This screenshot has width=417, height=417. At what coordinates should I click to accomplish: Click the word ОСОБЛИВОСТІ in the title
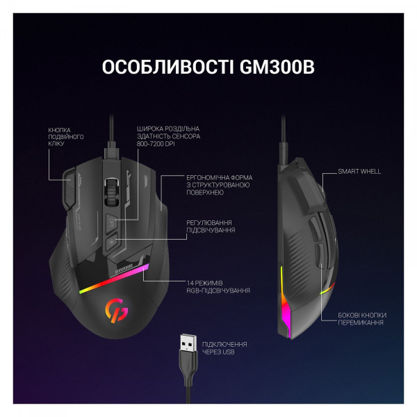[167, 67]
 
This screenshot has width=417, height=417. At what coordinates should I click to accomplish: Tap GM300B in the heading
[277, 67]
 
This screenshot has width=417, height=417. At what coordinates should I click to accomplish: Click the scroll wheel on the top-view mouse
[111, 192]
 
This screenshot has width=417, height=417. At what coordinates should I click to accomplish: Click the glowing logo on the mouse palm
[116, 311]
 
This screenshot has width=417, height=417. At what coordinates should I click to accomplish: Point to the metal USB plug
[188, 343]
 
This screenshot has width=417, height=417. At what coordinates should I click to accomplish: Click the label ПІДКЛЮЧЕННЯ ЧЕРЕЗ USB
[224, 348]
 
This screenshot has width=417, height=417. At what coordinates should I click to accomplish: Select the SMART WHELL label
[359, 171]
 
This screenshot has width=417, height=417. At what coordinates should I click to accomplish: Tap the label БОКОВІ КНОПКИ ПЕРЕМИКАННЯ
[362, 319]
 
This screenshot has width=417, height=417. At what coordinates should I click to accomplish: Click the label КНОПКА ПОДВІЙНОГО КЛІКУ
[66, 137]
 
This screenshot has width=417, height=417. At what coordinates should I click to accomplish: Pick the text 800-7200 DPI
[156, 144]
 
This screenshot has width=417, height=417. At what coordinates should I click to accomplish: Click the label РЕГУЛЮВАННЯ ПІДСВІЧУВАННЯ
[211, 227]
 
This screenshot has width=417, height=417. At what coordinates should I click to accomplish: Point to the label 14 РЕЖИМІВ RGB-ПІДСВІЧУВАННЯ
[218, 286]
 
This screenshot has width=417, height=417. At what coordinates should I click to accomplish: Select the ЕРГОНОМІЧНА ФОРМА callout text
[219, 185]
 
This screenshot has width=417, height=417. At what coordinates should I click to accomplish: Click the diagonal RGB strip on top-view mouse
[114, 279]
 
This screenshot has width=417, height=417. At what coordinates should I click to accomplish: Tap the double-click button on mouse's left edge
[69, 188]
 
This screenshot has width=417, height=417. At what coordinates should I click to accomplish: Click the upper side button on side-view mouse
[314, 228]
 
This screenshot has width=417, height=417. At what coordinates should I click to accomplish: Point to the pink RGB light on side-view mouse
[285, 309]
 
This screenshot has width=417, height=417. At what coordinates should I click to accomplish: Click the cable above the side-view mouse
[284, 138]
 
